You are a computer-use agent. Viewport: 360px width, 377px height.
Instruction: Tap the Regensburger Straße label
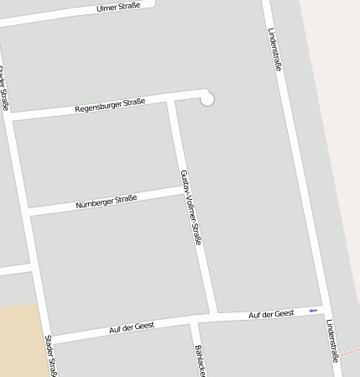110,105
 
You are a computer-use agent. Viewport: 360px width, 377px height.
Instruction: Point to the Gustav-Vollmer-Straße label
191,207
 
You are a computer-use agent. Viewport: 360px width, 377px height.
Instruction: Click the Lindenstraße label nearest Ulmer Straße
274,49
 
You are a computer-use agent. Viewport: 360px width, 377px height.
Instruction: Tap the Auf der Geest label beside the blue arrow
271,314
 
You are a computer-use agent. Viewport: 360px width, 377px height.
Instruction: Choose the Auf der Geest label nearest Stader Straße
132,327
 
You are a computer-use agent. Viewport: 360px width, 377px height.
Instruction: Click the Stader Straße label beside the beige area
50,356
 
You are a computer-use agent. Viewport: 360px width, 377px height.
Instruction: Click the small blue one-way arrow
312,311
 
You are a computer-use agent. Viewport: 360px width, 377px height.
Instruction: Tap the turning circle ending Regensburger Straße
206,99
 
